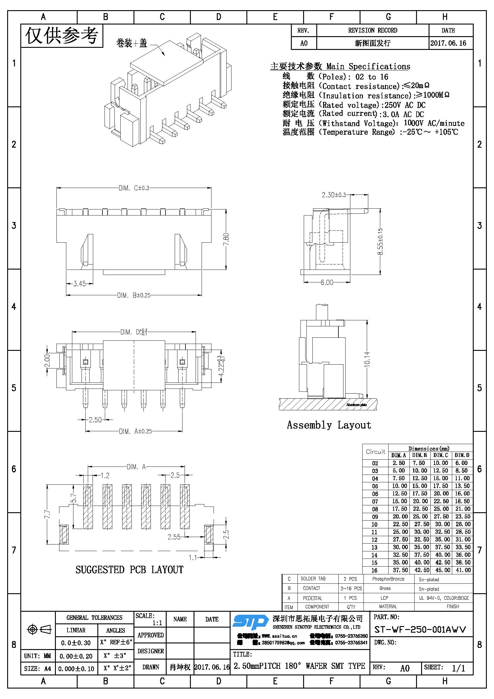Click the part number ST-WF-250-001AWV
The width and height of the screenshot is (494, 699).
click(x=420, y=629)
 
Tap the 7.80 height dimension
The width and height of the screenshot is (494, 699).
click(x=226, y=240)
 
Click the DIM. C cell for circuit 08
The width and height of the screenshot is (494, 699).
click(x=441, y=509)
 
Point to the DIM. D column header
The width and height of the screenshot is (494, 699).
click(x=462, y=455)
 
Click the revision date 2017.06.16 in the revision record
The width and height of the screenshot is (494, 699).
click(x=448, y=43)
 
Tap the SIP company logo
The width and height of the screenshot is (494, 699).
click(x=250, y=622)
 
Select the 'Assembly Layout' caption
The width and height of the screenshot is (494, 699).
click(x=329, y=425)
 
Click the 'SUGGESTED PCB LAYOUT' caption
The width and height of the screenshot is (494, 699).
click(x=129, y=570)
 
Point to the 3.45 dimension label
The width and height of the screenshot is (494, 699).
click(x=79, y=284)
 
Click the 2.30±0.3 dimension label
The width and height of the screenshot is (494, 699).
click(x=334, y=195)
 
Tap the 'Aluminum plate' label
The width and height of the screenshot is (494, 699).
click(x=357, y=405)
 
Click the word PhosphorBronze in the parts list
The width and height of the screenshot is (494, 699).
click(x=388, y=579)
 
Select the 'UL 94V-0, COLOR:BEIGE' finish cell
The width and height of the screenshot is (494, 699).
click(x=444, y=598)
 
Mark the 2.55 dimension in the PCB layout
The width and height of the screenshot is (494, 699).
click(x=174, y=537)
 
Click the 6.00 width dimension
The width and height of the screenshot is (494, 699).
click(x=327, y=282)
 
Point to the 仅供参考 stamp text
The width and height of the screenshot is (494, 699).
click(x=62, y=36)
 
